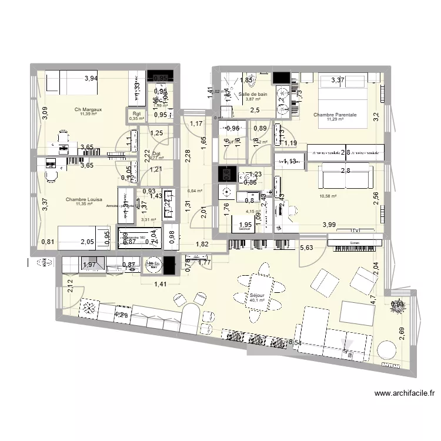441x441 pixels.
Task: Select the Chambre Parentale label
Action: (x=335, y=115)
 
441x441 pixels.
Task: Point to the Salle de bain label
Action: (x=253, y=94)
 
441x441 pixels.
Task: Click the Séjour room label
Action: (x=257, y=296)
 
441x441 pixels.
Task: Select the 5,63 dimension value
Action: (x=306, y=249)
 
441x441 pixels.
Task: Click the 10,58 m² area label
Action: (x=328, y=196)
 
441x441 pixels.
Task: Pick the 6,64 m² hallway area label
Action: (x=195, y=191)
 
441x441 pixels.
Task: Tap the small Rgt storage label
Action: (x=136, y=114)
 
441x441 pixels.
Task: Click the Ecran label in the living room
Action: (x=354, y=242)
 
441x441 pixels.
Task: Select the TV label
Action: (x=355, y=230)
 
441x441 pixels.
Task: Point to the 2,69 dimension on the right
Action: (x=402, y=334)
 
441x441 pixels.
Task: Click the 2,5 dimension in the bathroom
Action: (x=255, y=111)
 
